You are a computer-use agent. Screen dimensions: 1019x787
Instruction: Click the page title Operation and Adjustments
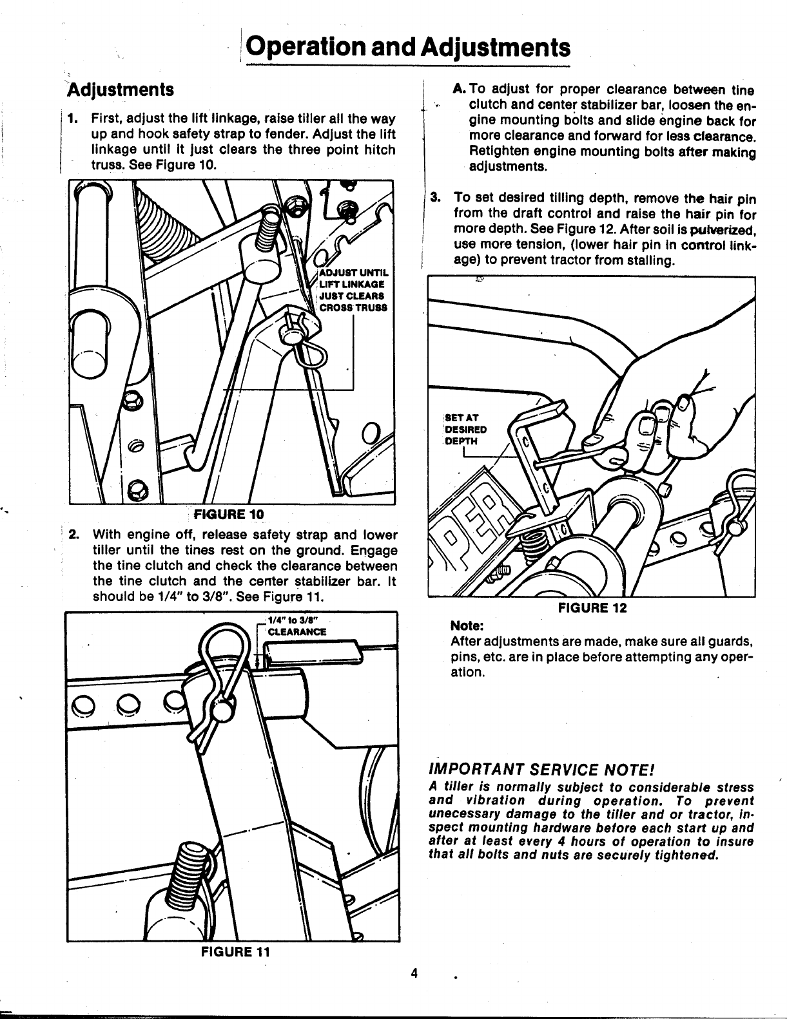click(x=409, y=48)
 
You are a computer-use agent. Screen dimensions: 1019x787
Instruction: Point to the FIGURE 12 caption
click(x=592, y=607)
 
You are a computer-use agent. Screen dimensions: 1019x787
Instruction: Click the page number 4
click(x=416, y=973)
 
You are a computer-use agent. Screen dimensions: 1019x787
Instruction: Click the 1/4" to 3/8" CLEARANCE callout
click(x=296, y=627)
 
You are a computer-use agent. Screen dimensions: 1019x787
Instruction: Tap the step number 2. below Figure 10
click(x=75, y=535)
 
